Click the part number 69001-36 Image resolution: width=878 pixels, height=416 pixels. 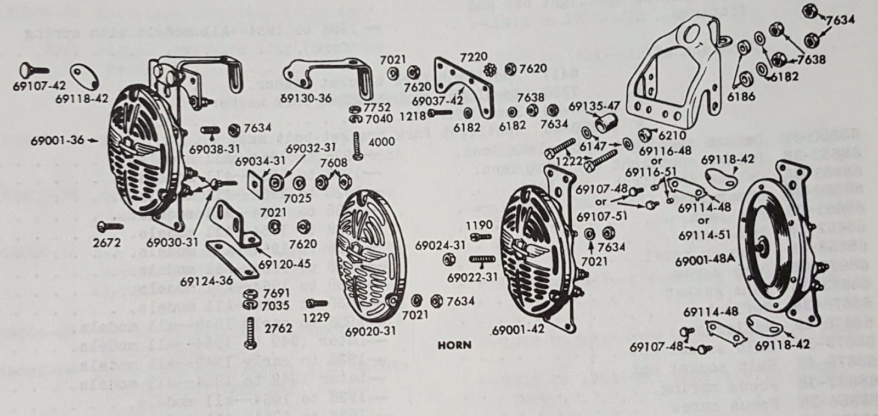(58, 140)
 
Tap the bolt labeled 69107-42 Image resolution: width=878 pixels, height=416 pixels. (35, 70)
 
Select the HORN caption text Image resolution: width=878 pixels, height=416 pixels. (454, 345)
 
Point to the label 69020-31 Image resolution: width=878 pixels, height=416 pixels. (370, 332)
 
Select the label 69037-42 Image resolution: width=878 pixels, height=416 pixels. (437, 101)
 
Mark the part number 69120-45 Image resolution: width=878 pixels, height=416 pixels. (284, 264)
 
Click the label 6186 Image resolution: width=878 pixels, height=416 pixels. (741, 97)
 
